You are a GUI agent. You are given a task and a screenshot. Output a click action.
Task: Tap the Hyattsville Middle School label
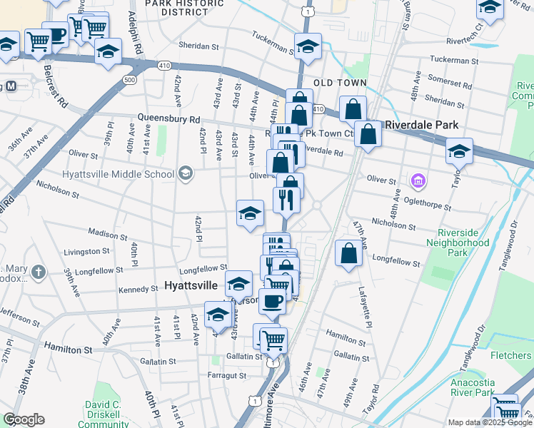click(x=119, y=173)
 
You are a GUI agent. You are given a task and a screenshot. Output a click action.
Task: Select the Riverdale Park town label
click(x=421, y=125)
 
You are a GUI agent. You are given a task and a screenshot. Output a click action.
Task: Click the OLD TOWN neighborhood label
click(x=344, y=83)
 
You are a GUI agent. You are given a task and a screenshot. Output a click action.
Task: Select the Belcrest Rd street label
click(x=54, y=83)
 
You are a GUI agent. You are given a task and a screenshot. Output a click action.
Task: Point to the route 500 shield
click(x=129, y=80)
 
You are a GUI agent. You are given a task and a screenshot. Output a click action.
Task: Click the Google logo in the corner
click(x=24, y=419)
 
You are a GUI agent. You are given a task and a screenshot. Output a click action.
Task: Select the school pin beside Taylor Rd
click(x=459, y=151)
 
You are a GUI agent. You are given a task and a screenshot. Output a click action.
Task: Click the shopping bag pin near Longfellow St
click(x=348, y=253)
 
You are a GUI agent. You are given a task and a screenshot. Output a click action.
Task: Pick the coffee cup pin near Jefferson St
click(x=272, y=300)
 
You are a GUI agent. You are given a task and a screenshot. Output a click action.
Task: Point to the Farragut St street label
click(x=223, y=375)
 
